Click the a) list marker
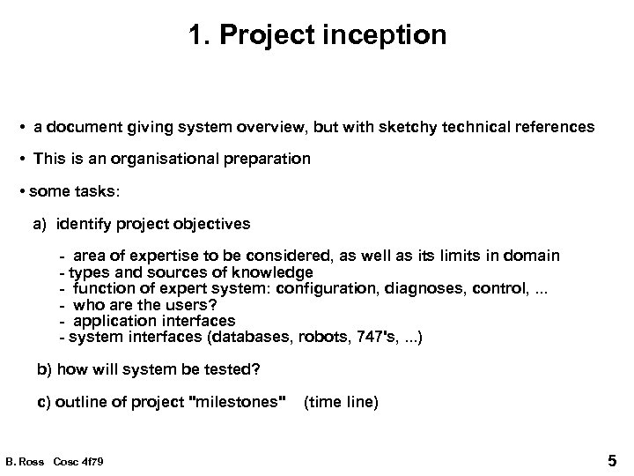click(x=41, y=224)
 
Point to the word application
click(x=115, y=321)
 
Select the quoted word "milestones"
click(x=239, y=402)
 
